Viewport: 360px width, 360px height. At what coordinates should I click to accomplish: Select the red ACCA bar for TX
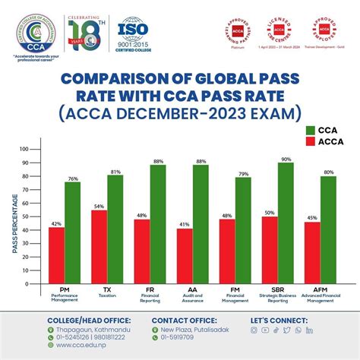pos(99,247)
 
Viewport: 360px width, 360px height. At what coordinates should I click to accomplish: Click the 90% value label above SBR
pos(286,159)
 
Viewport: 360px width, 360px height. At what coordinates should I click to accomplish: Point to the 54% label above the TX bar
pos(99,206)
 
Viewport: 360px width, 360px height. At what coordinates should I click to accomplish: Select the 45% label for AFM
pos(311,217)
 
